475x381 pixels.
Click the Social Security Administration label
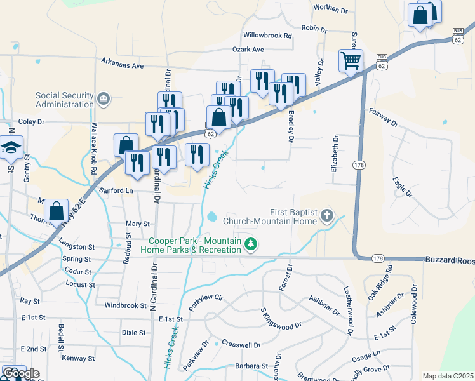point(65,100)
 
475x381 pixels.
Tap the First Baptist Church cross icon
point(327,217)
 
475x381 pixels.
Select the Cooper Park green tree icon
point(251,244)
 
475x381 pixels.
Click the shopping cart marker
point(351,61)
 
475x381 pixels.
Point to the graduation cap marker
point(11,148)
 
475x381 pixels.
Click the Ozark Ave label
point(248,49)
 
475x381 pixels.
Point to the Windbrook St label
point(126,305)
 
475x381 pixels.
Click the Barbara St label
point(251,366)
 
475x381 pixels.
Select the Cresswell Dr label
point(241,345)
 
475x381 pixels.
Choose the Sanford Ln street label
point(117,190)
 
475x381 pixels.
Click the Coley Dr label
point(32,121)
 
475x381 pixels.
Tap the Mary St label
point(138,224)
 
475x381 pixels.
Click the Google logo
point(21,374)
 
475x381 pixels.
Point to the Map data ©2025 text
point(448,376)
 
